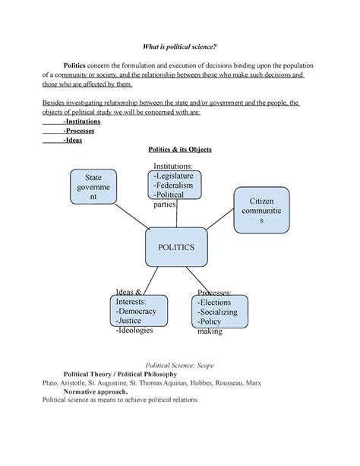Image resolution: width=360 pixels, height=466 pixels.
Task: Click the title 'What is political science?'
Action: click(179, 46)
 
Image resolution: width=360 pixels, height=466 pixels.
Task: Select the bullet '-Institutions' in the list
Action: click(84, 121)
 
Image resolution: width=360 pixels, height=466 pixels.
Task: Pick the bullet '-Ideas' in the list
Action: click(74, 140)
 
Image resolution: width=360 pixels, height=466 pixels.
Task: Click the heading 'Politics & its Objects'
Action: click(179, 150)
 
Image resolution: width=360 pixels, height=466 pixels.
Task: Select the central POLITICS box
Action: click(176, 247)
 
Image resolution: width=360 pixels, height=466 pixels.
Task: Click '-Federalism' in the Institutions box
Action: click(174, 185)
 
